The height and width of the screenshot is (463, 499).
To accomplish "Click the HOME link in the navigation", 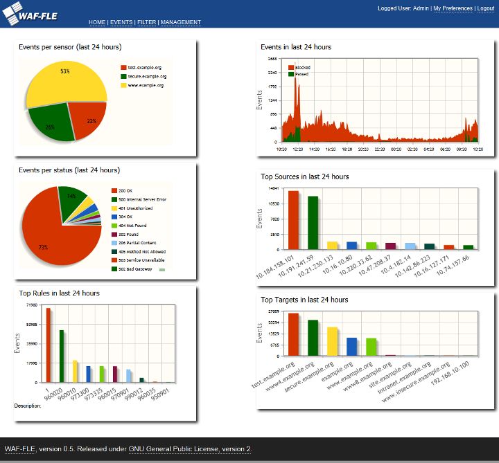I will click(x=97, y=22).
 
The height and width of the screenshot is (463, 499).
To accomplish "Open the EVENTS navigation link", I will click(x=121, y=22).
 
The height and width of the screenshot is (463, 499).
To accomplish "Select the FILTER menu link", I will click(x=146, y=22).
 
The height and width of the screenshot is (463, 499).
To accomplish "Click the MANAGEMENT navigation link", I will click(x=181, y=22).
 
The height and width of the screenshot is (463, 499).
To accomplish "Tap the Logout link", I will click(x=485, y=8).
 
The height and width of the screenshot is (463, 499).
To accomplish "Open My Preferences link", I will click(x=453, y=8).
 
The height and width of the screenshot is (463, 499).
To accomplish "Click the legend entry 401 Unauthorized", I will click(x=135, y=208).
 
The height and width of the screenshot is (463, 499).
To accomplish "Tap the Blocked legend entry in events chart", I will click(x=302, y=67).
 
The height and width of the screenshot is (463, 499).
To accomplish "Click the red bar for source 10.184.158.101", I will click(x=294, y=219).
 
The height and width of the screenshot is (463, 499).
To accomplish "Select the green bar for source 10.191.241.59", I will click(x=313, y=222).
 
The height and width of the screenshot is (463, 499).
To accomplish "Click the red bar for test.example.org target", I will click(x=294, y=334).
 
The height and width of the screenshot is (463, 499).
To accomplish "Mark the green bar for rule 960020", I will click(x=62, y=356).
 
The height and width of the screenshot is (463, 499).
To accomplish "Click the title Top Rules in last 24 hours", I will click(x=59, y=293).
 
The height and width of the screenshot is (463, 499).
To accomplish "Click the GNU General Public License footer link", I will click(x=174, y=449).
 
